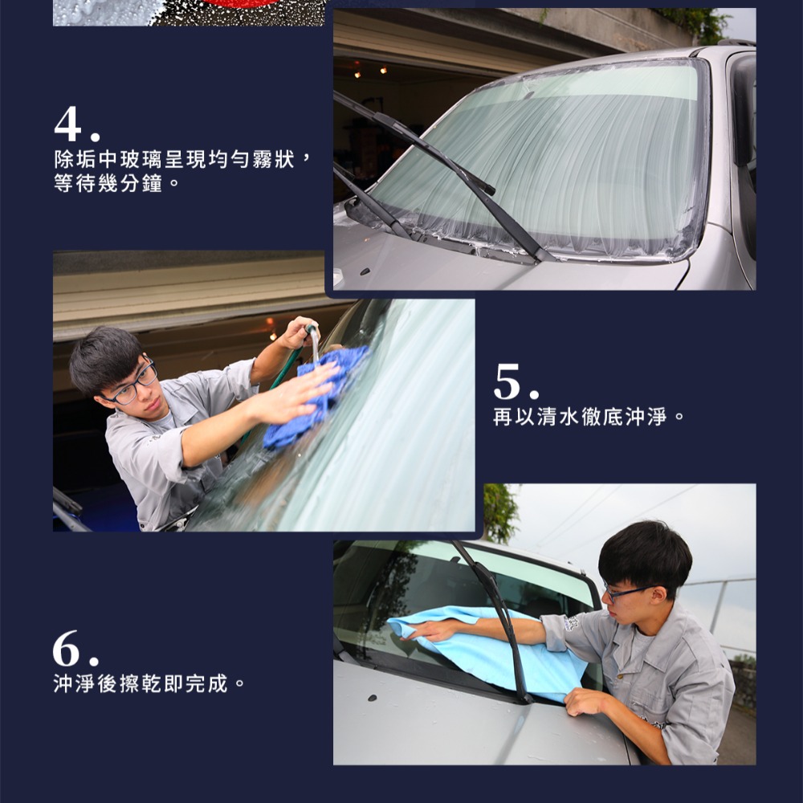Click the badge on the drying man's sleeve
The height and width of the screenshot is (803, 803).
click(572, 623)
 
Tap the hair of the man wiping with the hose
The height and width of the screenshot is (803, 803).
click(104, 353)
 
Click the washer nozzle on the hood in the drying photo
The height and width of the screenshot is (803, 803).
click(372, 697)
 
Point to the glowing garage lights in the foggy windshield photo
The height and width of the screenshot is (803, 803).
click(369, 71)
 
